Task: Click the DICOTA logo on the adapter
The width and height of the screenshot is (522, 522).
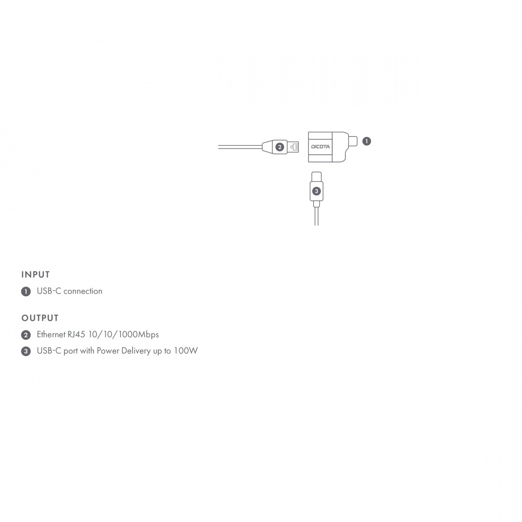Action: [x=320, y=147]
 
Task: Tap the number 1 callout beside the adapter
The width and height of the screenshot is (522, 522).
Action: [x=366, y=141]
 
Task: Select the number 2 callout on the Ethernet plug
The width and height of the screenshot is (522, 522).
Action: [x=280, y=147]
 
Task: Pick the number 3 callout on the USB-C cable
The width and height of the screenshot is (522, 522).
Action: [x=316, y=191]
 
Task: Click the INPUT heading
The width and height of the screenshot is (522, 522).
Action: [x=36, y=274]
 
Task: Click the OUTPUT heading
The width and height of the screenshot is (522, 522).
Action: [x=40, y=318]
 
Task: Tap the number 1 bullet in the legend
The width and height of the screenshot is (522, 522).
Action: [x=26, y=291]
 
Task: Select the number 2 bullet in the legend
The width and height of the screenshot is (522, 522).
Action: [x=26, y=335]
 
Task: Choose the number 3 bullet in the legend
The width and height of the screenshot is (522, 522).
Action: [x=26, y=351]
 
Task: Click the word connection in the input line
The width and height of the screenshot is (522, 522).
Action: [x=83, y=291]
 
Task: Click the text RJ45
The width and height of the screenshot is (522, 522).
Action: [x=76, y=334]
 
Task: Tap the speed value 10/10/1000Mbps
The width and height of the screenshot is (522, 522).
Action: [x=124, y=335]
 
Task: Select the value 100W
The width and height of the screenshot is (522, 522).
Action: [x=186, y=351]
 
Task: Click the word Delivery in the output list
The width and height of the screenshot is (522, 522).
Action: [x=136, y=351]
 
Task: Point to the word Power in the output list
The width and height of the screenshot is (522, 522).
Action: [x=108, y=351]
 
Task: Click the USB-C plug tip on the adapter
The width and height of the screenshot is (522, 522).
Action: [x=353, y=141]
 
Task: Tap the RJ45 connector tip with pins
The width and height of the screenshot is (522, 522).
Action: [x=293, y=147]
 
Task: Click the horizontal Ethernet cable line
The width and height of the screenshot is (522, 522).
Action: [x=240, y=147]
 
